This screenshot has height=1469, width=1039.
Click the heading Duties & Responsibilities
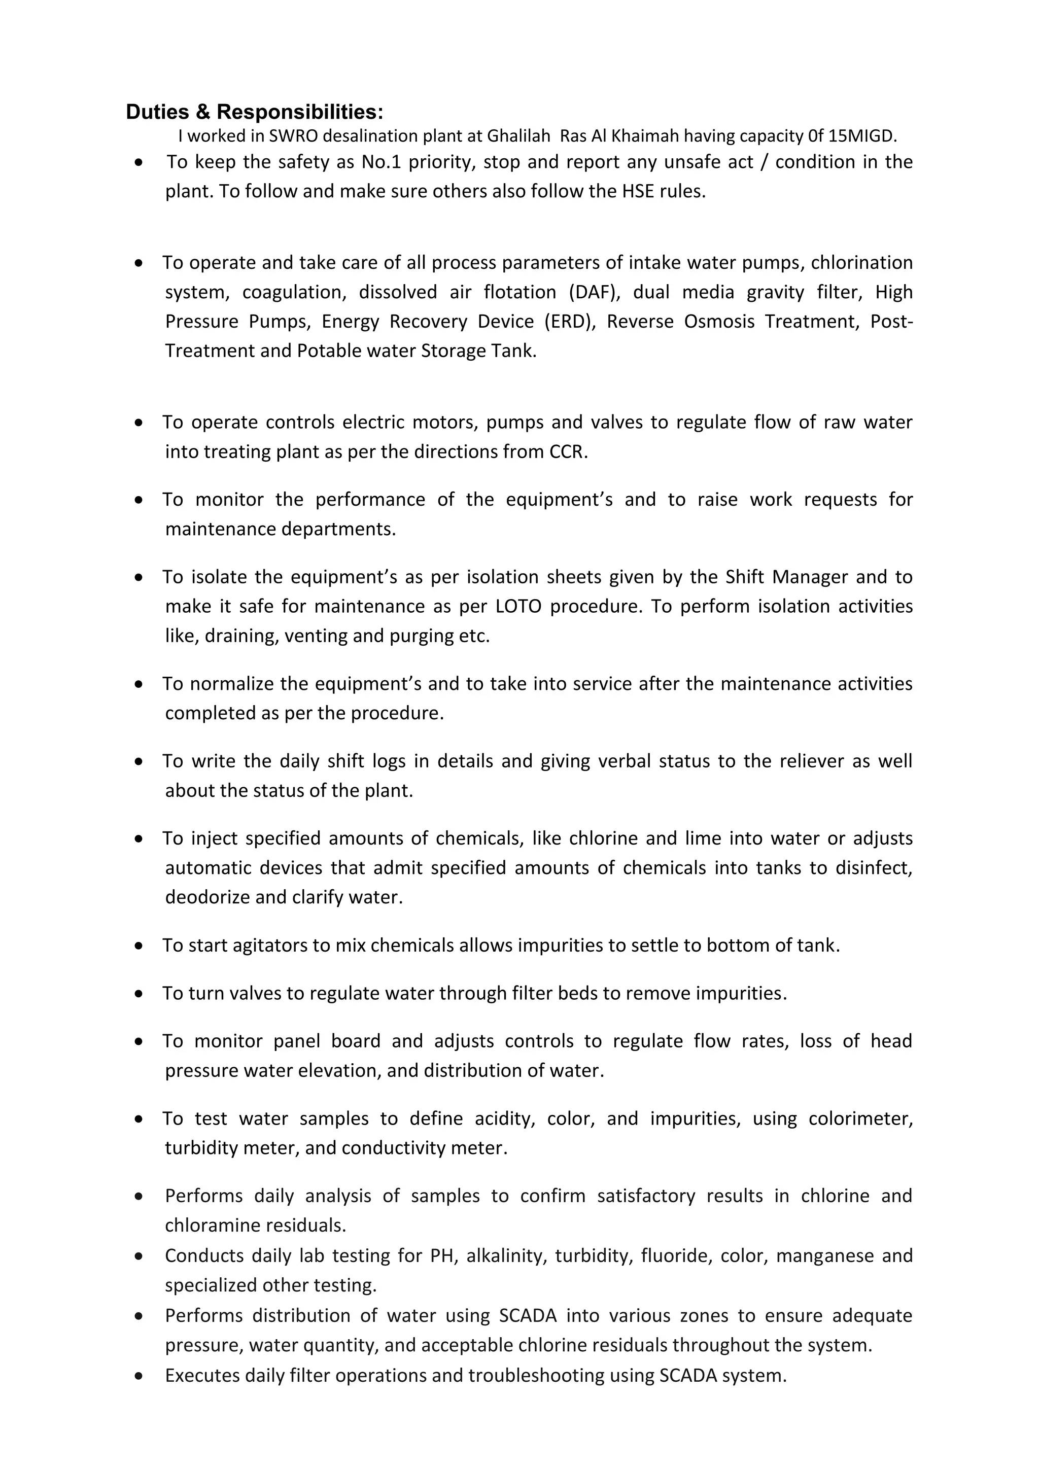(254, 112)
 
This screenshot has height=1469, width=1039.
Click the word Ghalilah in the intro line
(518, 135)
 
